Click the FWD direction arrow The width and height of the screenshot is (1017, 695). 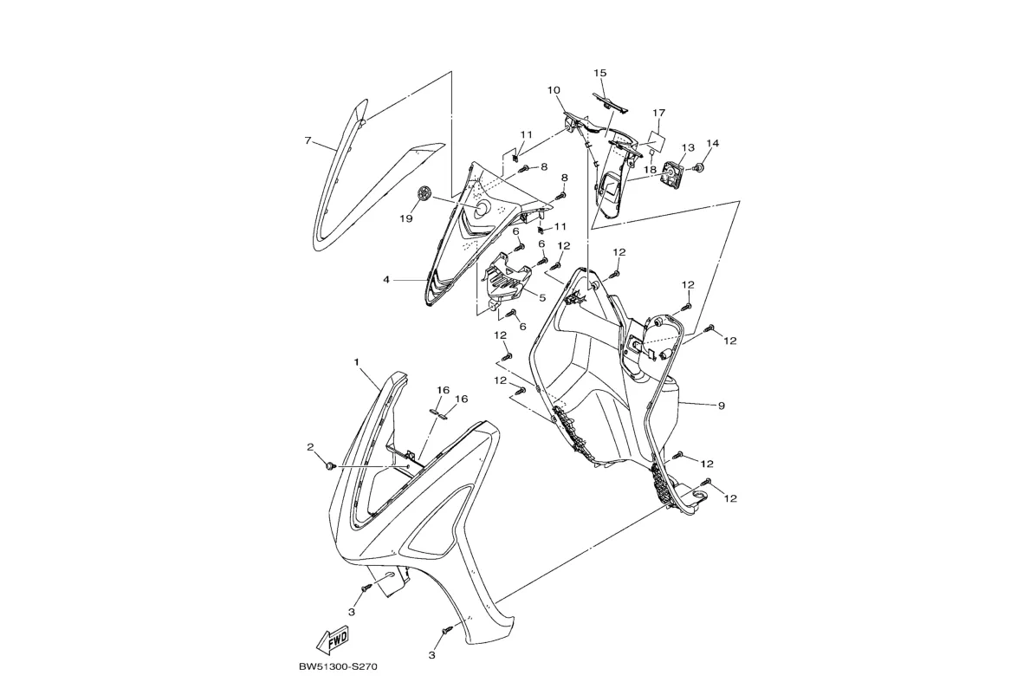tap(333, 640)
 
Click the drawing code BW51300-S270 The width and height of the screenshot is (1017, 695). tap(337, 667)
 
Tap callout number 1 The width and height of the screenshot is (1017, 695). tap(356, 360)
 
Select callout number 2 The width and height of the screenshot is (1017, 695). tap(310, 447)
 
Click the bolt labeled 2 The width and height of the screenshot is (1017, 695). tap(330, 466)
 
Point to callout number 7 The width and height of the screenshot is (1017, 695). tap(308, 140)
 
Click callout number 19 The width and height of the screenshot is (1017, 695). tap(405, 218)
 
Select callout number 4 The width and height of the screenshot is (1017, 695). tap(386, 280)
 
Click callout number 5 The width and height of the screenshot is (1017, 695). tap(541, 297)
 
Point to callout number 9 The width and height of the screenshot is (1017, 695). tap(721, 405)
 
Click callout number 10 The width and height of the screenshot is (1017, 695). tap(554, 90)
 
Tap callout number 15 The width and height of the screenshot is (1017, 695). tap(600, 73)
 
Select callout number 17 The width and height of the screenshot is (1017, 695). tap(658, 113)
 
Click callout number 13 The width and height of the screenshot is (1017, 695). tap(688, 148)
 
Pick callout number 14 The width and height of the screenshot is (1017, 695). tap(713, 143)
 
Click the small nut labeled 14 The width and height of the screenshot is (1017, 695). tap(701, 166)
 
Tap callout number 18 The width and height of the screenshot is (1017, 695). tap(650, 170)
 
